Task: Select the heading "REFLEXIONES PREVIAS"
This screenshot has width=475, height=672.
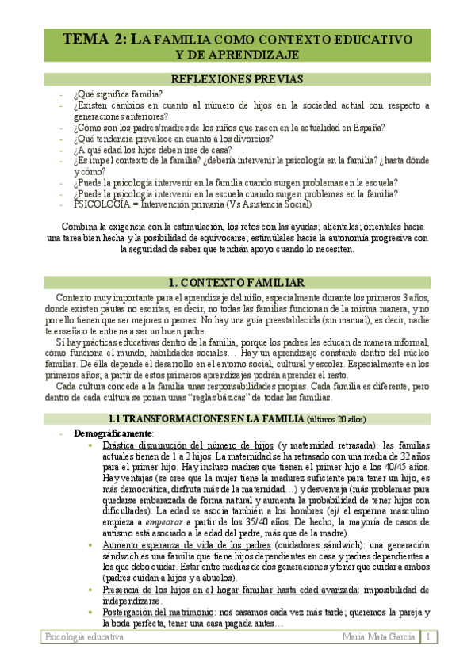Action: [237, 79]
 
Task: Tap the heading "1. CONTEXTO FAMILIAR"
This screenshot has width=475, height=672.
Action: [237, 283]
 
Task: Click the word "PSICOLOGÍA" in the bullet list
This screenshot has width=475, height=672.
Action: [101, 204]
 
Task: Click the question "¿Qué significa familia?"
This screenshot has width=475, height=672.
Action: [117, 93]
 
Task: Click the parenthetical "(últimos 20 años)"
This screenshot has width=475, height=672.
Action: [337, 418]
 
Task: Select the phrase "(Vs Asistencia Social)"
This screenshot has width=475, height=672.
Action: [267, 204]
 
